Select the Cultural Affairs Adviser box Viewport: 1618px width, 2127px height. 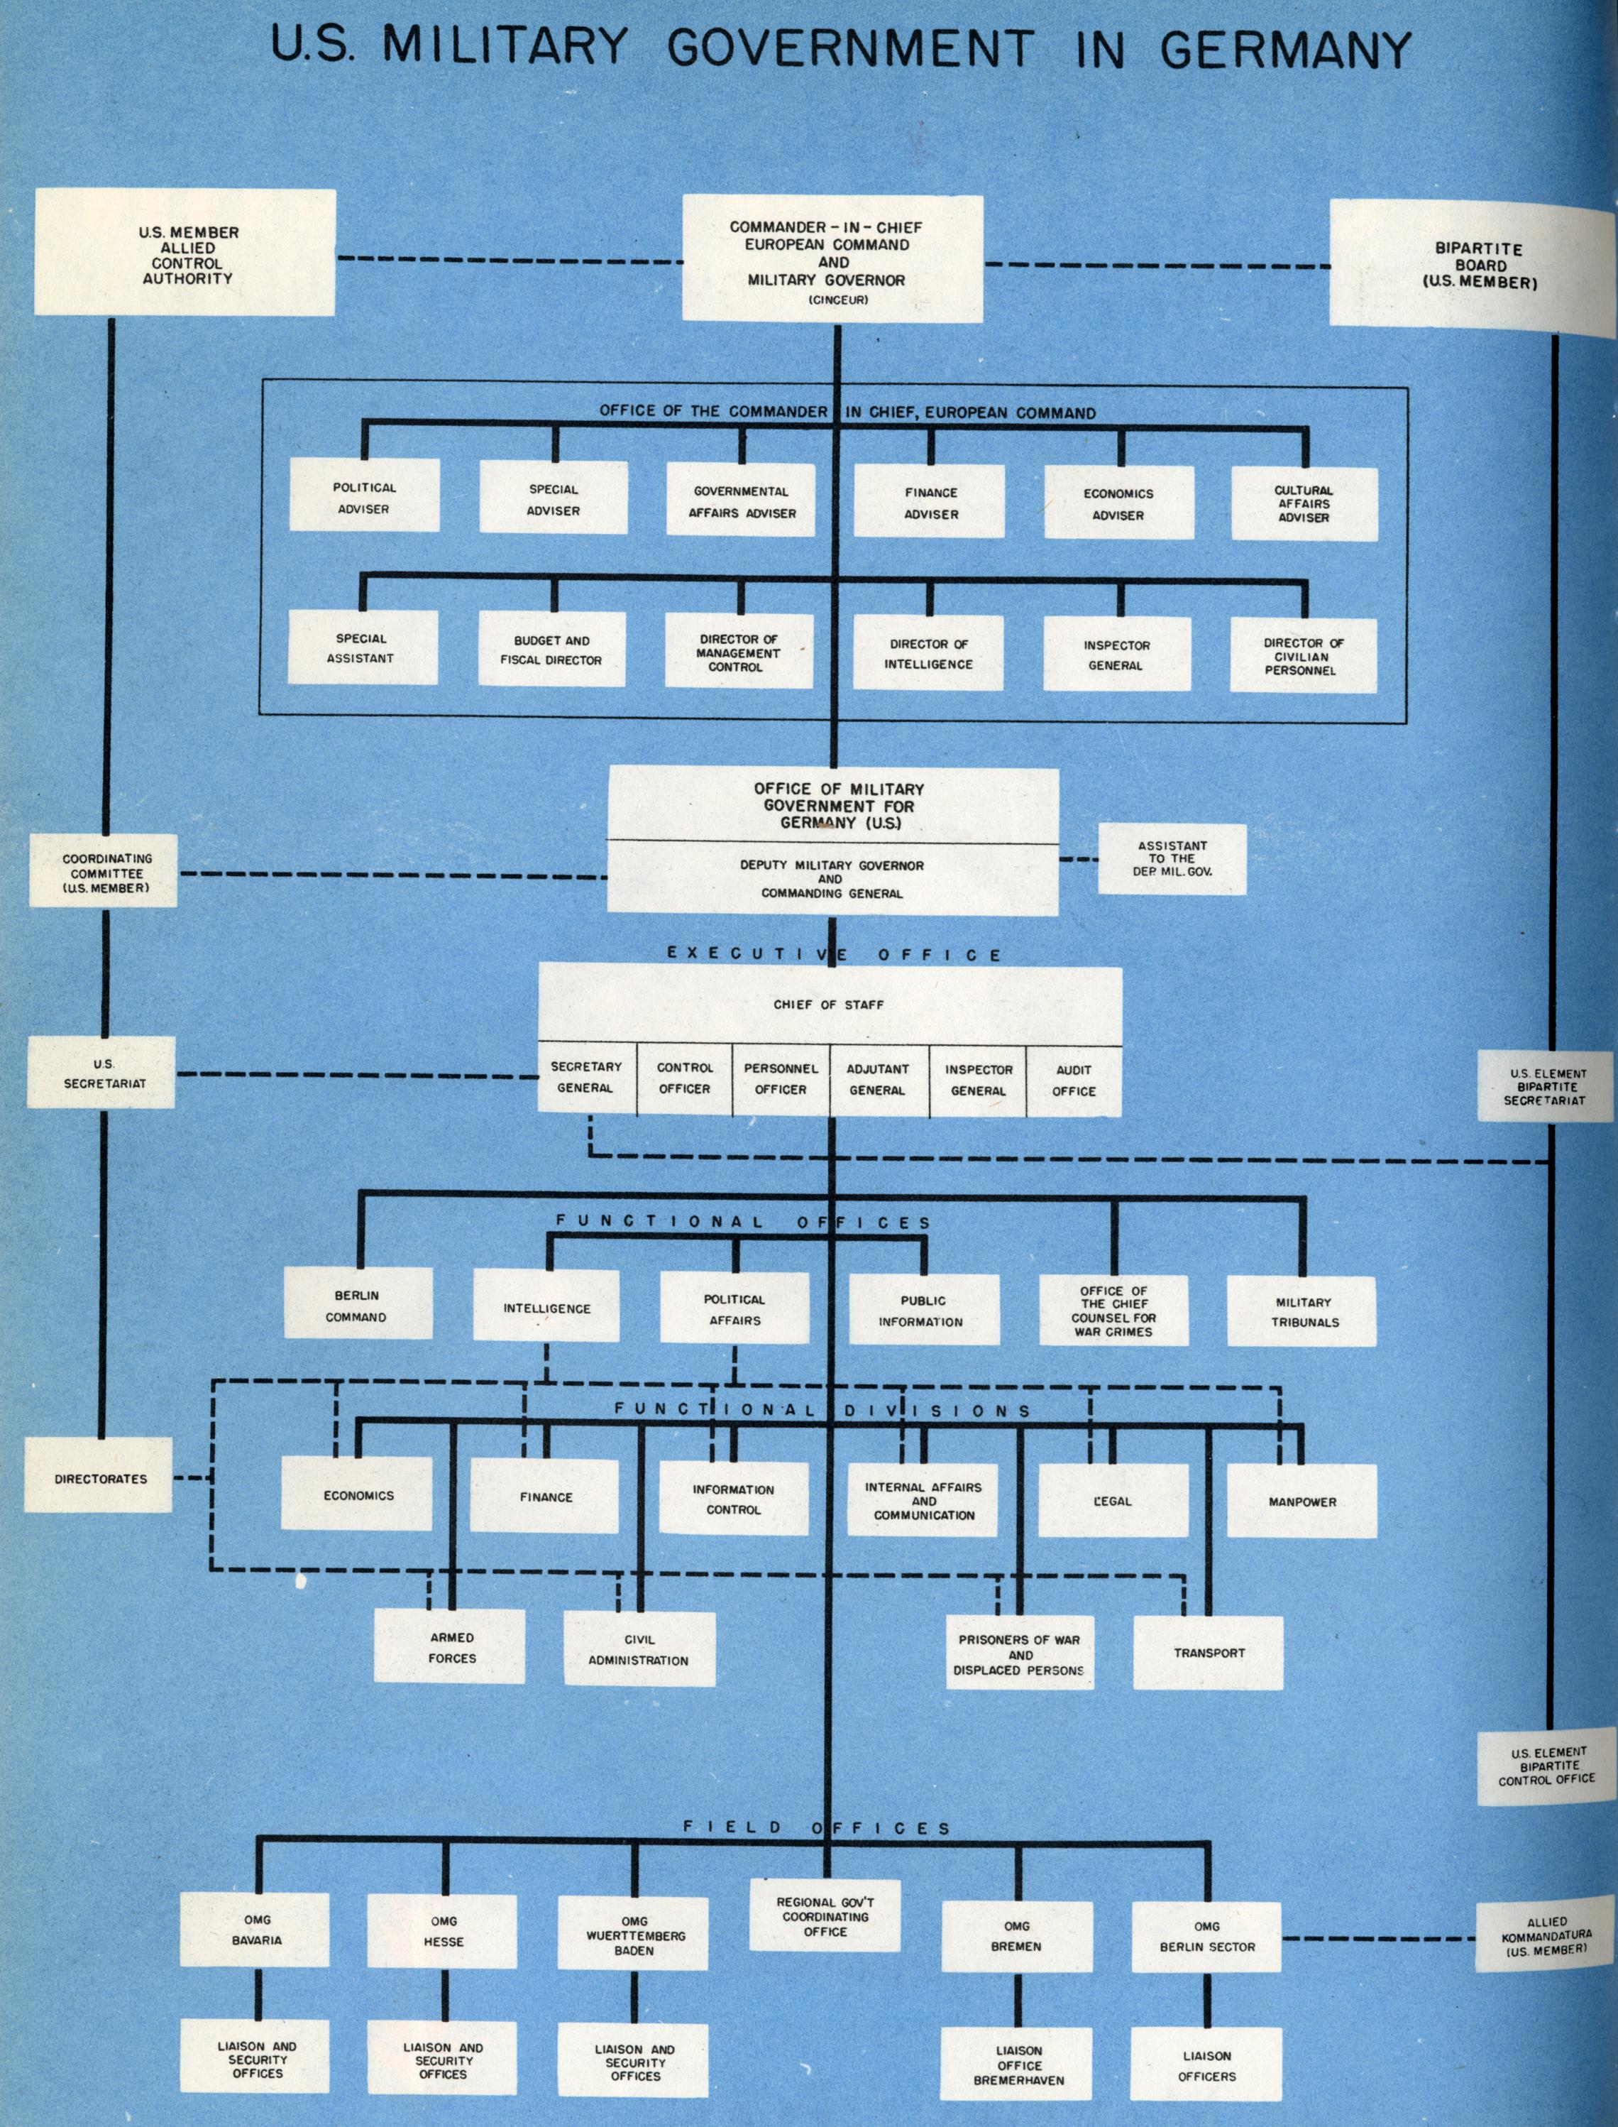pyautogui.click(x=1304, y=504)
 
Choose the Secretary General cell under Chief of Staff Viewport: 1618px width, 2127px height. pyautogui.click(x=585, y=1078)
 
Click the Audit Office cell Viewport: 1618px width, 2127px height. pyautogui.click(x=1074, y=1081)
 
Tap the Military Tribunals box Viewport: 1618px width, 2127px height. pyautogui.click(x=1304, y=1311)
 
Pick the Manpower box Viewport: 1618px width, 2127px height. pyautogui.click(x=1302, y=1501)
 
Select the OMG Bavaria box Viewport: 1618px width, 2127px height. pyautogui.click(x=257, y=1930)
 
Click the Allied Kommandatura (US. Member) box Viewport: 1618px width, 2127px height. pyautogui.click(x=1546, y=1936)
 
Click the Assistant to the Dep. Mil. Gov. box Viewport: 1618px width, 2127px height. pyautogui.click(x=1172, y=858)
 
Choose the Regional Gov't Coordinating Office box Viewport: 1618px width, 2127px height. pyautogui.click(x=825, y=1917)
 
